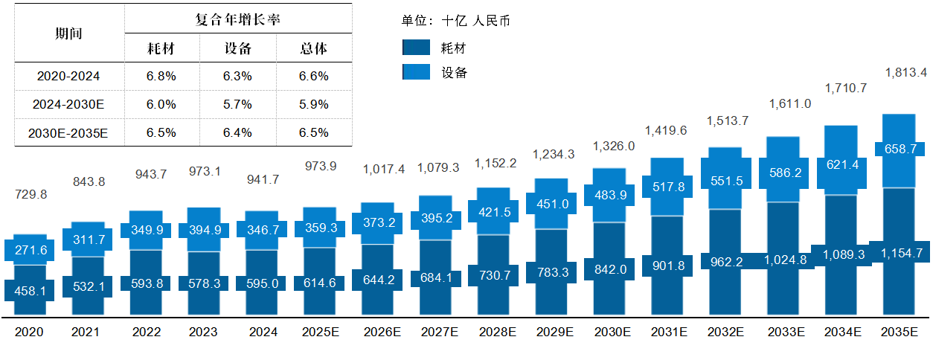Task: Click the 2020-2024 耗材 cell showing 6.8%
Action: [x=162, y=76]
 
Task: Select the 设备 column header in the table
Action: [x=238, y=49]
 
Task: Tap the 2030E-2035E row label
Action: [x=68, y=133]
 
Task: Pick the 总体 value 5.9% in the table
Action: [x=314, y=104]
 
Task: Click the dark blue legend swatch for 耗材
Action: [x=416, y=48]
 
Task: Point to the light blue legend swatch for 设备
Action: [x=416, y=71]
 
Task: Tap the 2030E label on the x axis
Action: [x=612, y=332]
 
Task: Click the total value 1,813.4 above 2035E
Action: [x=905, y=73]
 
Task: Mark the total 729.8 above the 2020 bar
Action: [x=31, y=194]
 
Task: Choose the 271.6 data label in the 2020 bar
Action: [x=31, y=250]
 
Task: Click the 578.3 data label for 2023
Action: [x=204, y=283]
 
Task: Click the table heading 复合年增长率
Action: [x=238, y=19]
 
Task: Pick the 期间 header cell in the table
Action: [x=68, y=33]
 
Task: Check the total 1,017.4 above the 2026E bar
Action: [x=384, y=170]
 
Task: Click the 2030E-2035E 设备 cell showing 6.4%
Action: [x=238, y=133]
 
